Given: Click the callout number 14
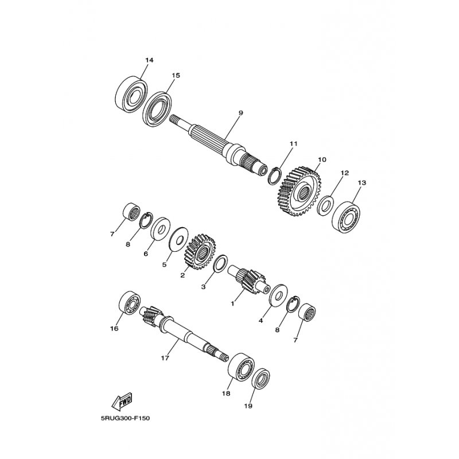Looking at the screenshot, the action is coord(149,60).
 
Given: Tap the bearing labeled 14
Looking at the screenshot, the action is coord(131,94).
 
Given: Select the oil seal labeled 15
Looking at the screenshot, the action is coord(157,110).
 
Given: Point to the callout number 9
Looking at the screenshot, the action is coord(240,112).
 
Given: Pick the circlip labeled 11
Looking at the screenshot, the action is coord(275,176).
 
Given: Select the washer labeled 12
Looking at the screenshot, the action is coord(325,206).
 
